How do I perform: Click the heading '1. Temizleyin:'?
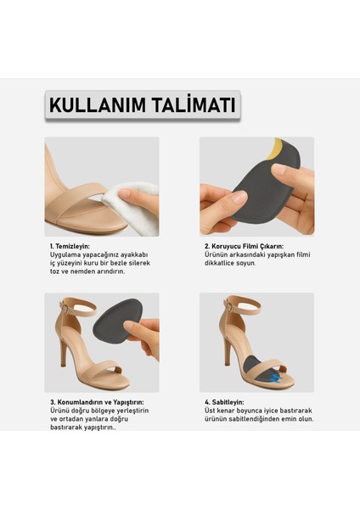tap(70, 246)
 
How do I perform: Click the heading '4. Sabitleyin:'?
tap(224, 402)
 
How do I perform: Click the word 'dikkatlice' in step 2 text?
tap(223, 263)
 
